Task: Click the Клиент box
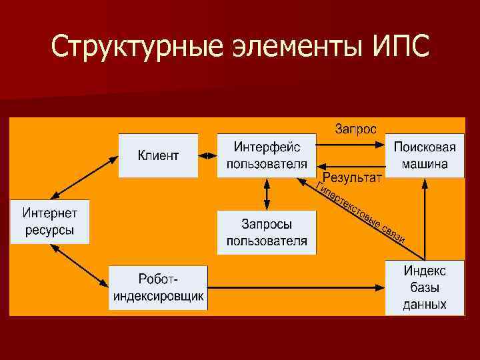point(158,155)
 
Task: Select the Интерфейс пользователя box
point(267,155)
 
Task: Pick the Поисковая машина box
point(425,155)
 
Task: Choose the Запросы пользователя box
point(267,232)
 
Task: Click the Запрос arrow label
point(355,129)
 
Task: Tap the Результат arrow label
point(353,177)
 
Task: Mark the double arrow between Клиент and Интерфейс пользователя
point(208,156)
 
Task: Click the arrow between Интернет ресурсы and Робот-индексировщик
point(80,265)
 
